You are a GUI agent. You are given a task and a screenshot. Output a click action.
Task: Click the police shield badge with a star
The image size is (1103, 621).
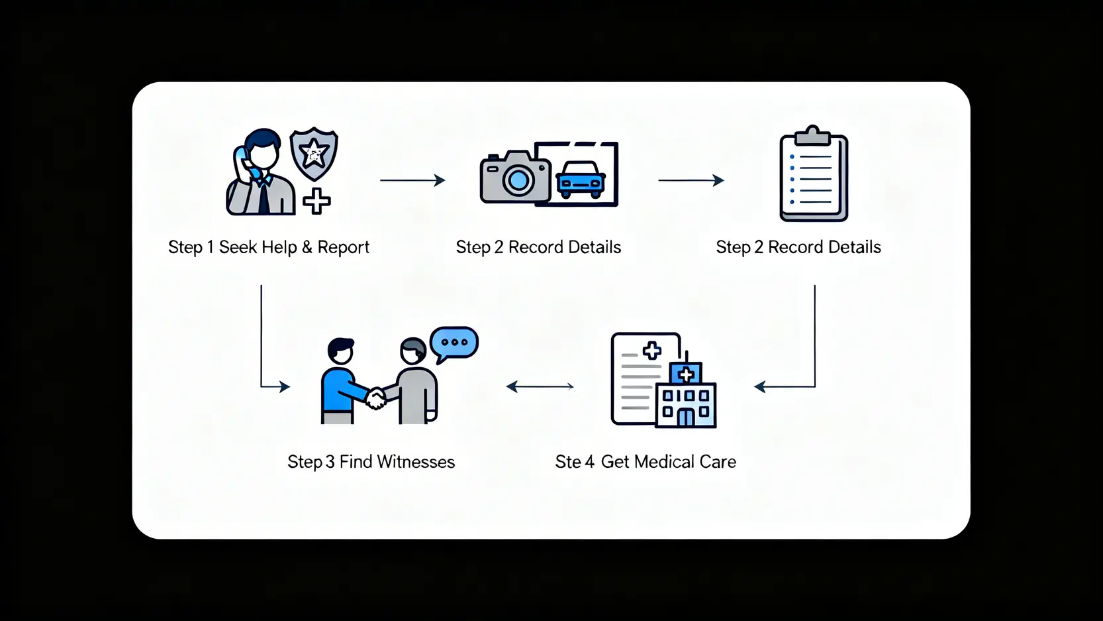pos(314,154)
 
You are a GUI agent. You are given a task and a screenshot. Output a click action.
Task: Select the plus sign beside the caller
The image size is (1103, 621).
pos(316,201)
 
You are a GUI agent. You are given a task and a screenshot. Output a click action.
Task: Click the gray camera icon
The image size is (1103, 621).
pos(514,177)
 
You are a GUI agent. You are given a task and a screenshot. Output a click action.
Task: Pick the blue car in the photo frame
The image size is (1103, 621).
pos(581,180)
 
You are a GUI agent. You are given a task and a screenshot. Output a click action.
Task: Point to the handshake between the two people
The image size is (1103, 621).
pos(376,398)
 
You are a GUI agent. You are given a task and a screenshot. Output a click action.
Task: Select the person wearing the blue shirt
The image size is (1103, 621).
pos(340,384)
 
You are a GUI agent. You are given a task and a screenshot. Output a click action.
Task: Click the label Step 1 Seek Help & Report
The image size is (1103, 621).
pos(268,247)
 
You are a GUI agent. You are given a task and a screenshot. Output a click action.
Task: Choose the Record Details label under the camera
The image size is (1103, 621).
pos(538,247)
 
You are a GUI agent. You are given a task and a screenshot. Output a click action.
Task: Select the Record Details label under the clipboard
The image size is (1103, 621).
pos(798,247)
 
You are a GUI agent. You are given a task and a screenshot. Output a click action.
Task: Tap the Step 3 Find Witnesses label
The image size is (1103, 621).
pos(371,462)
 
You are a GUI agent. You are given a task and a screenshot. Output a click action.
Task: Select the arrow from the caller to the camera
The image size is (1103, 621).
pos(412,180)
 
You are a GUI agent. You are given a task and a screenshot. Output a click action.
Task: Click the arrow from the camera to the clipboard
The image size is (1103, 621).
pos(691,180)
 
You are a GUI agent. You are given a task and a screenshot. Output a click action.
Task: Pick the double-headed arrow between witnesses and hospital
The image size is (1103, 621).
pos(540,386)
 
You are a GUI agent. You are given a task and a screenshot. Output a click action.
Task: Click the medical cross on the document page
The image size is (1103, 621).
pos(651,351)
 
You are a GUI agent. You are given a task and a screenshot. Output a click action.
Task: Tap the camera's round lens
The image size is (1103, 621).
pos(518,180)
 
